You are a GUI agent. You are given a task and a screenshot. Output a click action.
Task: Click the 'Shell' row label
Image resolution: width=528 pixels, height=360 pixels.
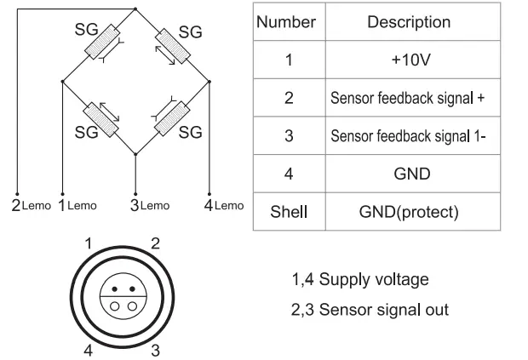[x=289, y=212]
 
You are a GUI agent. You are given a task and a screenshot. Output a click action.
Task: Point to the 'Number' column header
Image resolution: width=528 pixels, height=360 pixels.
[x=286, y=22]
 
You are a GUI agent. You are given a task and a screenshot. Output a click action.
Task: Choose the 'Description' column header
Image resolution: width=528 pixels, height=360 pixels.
[x=409, y=22]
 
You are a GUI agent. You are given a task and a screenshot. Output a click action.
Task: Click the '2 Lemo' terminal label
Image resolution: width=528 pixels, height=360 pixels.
[x=31, y=205]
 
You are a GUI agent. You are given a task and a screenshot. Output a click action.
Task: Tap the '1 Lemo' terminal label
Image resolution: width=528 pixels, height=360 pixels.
[x=77, y=205]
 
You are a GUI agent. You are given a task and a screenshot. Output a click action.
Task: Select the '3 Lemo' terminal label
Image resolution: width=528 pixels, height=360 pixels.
[x=150, y=205]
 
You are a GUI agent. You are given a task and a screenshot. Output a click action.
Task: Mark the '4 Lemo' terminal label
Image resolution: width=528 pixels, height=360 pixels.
[x=224, y=205]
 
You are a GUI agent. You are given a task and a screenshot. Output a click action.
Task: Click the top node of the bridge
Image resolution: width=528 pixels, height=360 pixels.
[x=135, y=9]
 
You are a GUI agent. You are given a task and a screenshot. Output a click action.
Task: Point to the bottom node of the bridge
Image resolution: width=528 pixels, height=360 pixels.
[x=135, y=154]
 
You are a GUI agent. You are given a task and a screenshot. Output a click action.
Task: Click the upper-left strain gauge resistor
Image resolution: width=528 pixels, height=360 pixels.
[x=102, y=42]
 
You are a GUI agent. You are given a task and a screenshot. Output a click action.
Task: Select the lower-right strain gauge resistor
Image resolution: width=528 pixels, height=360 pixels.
[x=172, y=118]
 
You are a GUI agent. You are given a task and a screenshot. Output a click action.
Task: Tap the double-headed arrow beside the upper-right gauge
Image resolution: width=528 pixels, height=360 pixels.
[x=165, y=55]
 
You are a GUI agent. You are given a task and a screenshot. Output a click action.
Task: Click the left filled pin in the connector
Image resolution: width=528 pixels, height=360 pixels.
[x=114, y=289]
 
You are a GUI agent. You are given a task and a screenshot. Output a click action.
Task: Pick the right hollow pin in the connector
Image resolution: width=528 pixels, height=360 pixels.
[x=132, y=306]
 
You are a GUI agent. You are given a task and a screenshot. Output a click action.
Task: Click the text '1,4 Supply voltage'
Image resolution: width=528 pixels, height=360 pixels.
[x=360, y=280]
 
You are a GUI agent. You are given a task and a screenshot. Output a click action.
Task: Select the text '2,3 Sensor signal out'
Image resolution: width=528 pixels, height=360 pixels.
[x=370, y=310]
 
